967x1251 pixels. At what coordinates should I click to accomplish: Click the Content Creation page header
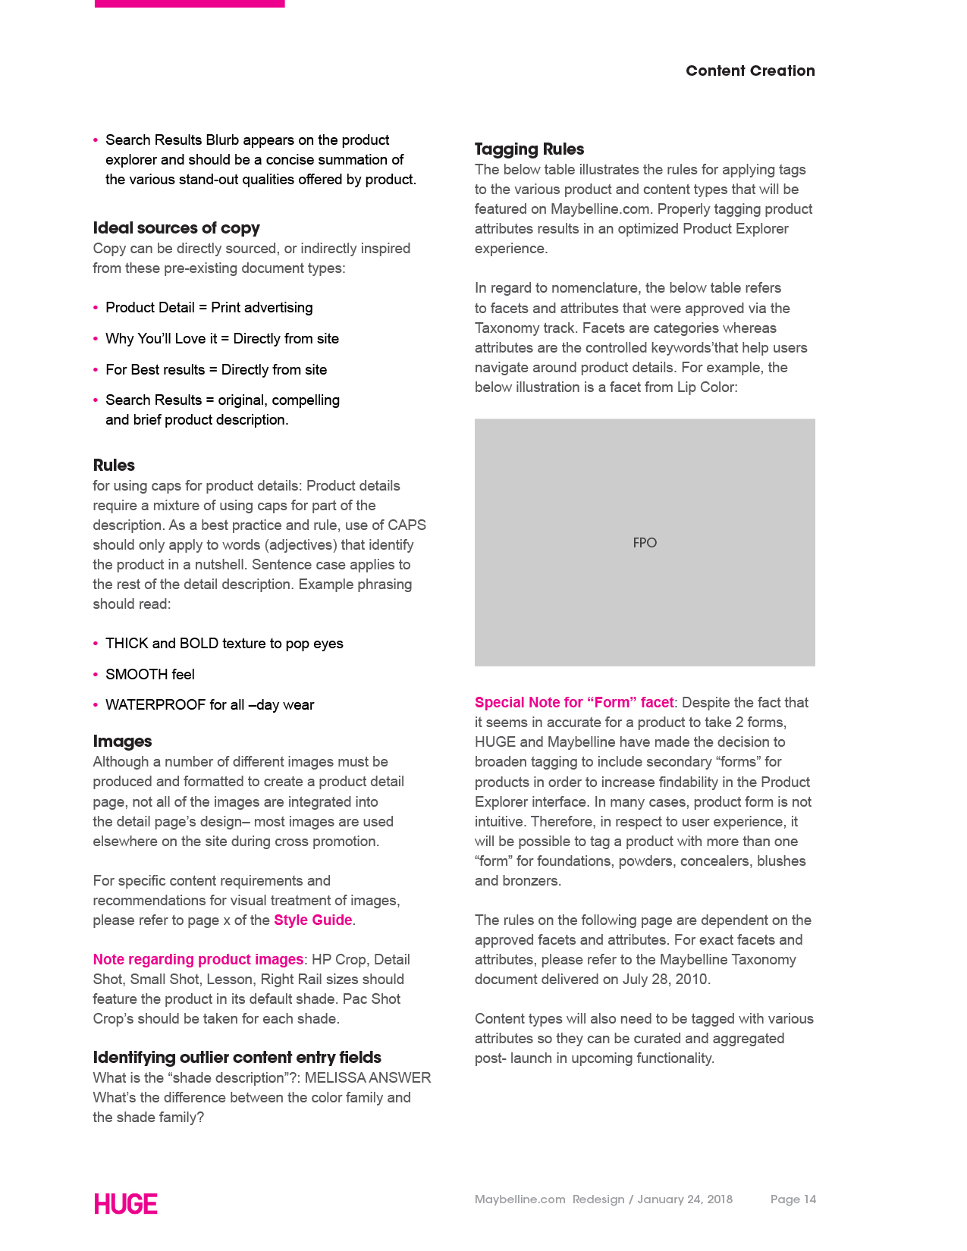tap(749, 71)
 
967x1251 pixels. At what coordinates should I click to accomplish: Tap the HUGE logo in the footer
tap(126, 1204)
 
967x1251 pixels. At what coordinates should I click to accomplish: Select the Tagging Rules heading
tap(529, 149)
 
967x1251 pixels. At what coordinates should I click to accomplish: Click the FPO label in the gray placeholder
tap(645, 543)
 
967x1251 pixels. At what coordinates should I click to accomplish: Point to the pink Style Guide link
tap(312, 920)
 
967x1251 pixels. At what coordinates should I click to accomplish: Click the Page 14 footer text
tap(793, 1199)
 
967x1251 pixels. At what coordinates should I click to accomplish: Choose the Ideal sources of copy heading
tap(176, 228)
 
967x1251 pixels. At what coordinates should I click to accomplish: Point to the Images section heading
tap(122, 742)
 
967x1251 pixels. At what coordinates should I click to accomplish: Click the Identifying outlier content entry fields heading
tap(237, 1058)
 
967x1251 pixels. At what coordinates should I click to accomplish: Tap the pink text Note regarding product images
tap(198, 960)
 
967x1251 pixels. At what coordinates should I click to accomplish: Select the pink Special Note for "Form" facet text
tap(574, 703)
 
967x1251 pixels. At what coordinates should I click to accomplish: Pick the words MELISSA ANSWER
tap(367, 1078)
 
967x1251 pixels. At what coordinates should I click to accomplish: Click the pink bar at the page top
tap(190, 4)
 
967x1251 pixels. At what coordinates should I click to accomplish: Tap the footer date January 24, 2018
tap(685, 1199)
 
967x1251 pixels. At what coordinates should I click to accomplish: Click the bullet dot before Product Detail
tap(96, 308)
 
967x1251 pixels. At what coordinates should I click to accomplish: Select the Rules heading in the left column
tap(114, 466)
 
